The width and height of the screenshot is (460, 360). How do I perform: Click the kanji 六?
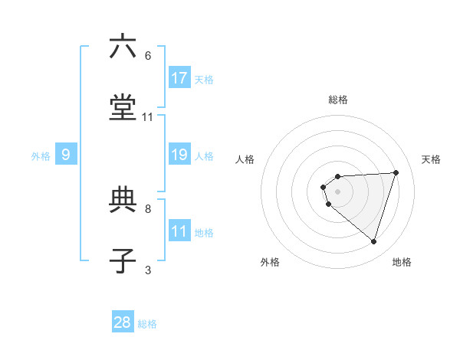click(123, 47)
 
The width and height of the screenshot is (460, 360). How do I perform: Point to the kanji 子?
click(123, 261)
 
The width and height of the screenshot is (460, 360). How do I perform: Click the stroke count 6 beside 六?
click(148, 56)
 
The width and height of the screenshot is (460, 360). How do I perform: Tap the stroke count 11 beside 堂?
click(148, 116)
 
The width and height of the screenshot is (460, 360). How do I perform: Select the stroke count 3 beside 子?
click(148, 270)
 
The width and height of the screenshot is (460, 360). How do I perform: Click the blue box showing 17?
click(179, 77)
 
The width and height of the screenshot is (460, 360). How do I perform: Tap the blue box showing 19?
click(179, 155)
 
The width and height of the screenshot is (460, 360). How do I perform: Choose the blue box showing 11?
click(179, 231)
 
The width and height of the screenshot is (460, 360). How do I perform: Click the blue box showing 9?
click(66, 155)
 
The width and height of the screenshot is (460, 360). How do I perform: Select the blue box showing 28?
click(123, 322)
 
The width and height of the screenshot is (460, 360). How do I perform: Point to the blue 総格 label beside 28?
click(147, 324)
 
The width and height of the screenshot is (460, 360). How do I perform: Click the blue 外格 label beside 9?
click(41, 156)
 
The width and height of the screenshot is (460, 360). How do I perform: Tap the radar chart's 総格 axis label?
click(338, 100)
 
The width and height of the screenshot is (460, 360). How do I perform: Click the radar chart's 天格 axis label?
click(431, 159)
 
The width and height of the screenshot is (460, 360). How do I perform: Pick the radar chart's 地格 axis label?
click(402, 262)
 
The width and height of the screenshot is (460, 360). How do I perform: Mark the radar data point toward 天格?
click(396, 172)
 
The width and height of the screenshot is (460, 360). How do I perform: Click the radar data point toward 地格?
click(373, 242)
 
